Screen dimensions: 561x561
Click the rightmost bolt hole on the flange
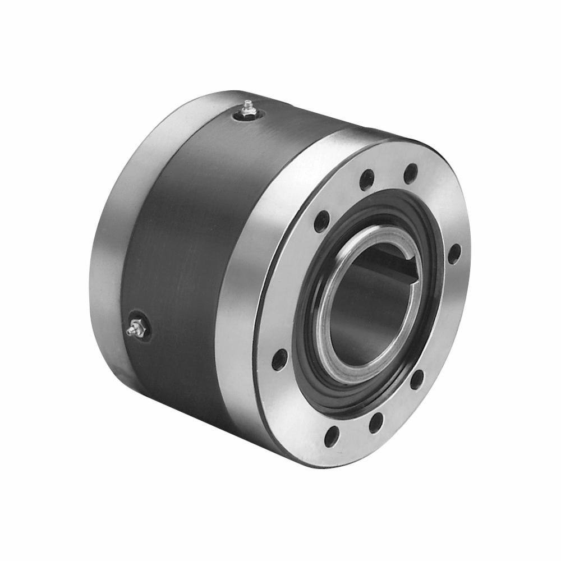[454, 252]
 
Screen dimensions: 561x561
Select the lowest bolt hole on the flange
[332, 435]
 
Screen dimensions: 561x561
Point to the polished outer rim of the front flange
[247, 280]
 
